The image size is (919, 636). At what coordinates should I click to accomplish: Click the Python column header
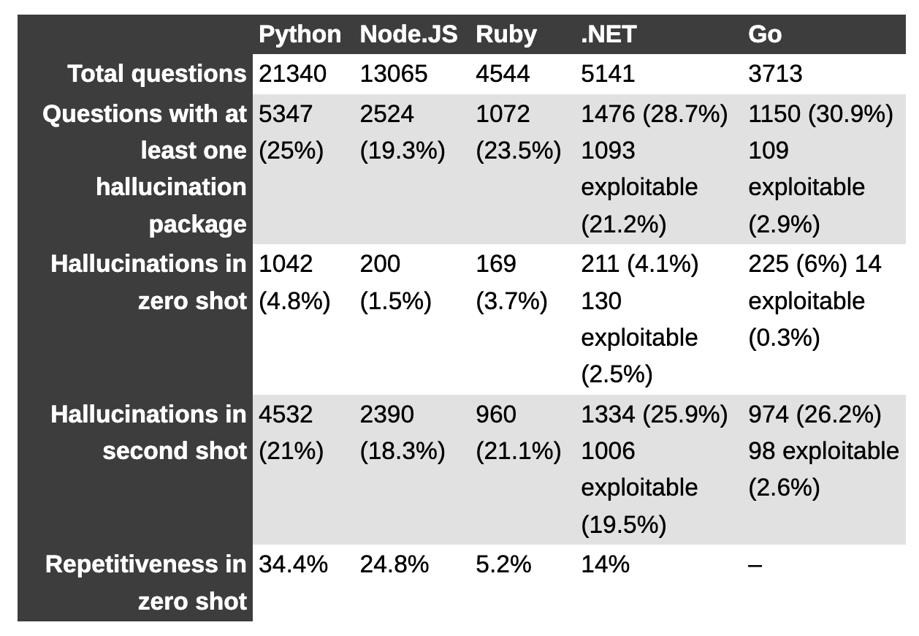[300, 34]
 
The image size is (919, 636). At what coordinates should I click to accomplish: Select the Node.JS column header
[408, 34]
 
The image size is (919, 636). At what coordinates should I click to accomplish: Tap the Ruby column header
[506, 34]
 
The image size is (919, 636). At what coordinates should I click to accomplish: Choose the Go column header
[764, 34]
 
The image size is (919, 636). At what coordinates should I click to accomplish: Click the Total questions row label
[156, 74]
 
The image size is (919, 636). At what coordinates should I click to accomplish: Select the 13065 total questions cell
[393, 74]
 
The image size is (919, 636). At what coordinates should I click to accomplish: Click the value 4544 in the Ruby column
[503, 74]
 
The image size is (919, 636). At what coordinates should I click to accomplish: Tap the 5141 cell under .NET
[608, 74]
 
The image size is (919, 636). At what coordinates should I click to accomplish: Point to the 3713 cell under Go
[775, 74]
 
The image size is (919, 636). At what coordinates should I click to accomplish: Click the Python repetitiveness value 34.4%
[293, 564]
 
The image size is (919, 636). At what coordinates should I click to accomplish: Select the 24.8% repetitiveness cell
[394, 564]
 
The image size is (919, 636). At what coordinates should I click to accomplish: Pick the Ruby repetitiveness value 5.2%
[503, 564]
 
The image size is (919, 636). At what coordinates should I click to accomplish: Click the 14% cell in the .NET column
[605, 564]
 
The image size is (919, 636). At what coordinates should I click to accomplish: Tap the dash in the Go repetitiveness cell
[755, 565]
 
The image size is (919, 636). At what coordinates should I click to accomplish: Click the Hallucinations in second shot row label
[148, 433]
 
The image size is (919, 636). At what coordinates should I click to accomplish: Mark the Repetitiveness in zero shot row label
[146, 583]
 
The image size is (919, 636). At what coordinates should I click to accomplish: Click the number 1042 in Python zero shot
[286, 263]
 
